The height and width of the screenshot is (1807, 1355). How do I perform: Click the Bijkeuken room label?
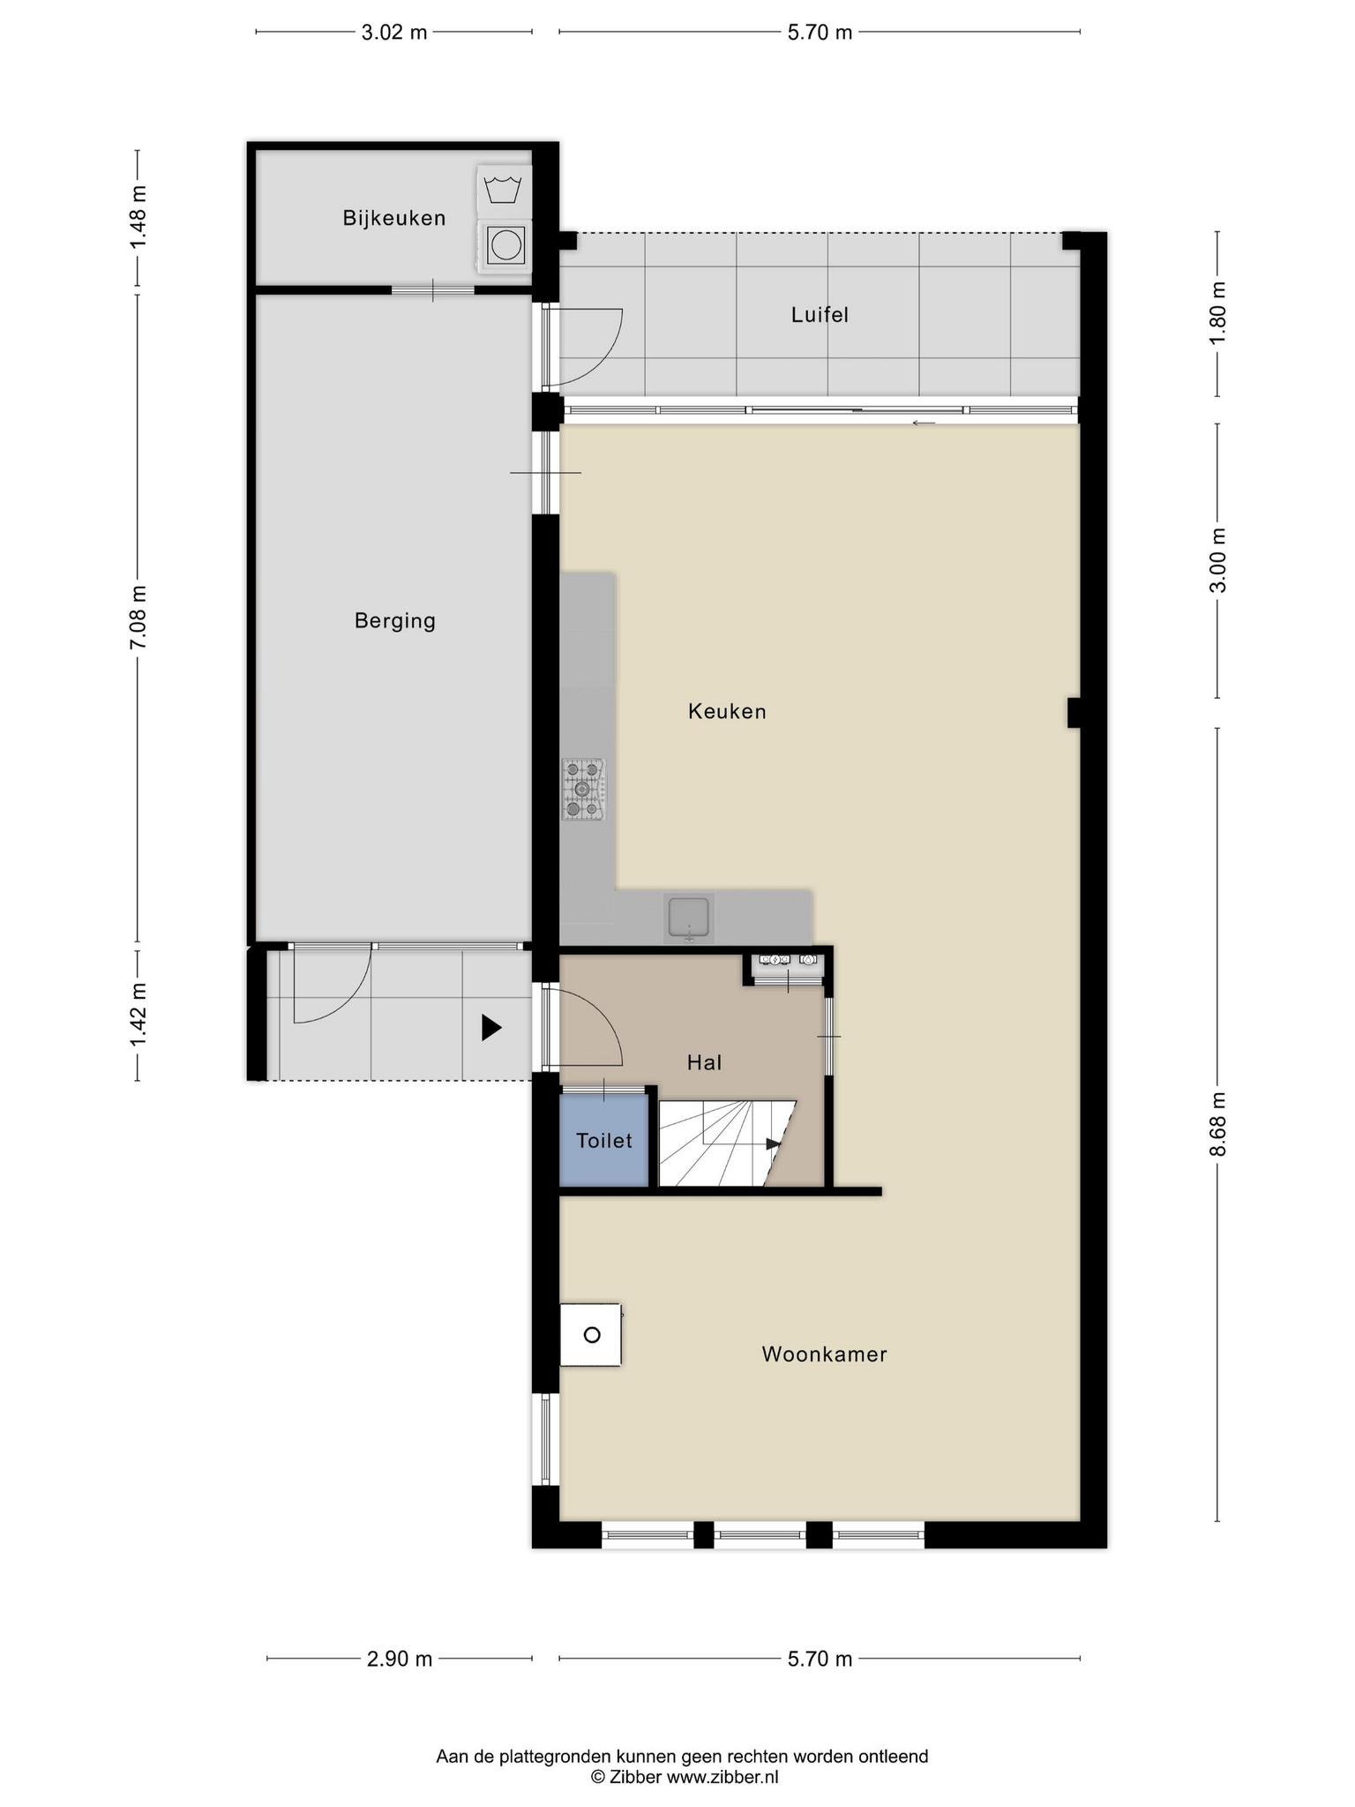(394, 218)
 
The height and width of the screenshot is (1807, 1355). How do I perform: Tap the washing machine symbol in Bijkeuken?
(504, 190)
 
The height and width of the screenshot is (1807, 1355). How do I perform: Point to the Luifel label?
(820, 315)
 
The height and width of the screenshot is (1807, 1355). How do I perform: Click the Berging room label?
(395, 621)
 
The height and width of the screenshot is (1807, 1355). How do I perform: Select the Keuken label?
(727, 711)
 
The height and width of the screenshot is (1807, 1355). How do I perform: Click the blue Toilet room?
(604, 1141)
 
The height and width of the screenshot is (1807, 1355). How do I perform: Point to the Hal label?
(705, 1063)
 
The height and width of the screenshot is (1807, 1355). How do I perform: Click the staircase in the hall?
(728, 1143)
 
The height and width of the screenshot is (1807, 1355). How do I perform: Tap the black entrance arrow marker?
(491, 1028)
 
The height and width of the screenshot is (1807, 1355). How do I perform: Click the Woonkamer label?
(824, 1354)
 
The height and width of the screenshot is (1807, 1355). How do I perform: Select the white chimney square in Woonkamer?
(591, 1335)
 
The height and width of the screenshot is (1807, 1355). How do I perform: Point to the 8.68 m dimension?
(1217, 1124)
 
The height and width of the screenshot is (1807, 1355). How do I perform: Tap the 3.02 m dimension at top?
(394, 33)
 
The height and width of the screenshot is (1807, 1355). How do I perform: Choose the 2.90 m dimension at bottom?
(400, 1660)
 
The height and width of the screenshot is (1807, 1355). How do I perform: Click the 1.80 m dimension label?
(1217, 315)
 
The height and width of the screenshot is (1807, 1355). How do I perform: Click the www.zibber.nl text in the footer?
(722, 1777)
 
